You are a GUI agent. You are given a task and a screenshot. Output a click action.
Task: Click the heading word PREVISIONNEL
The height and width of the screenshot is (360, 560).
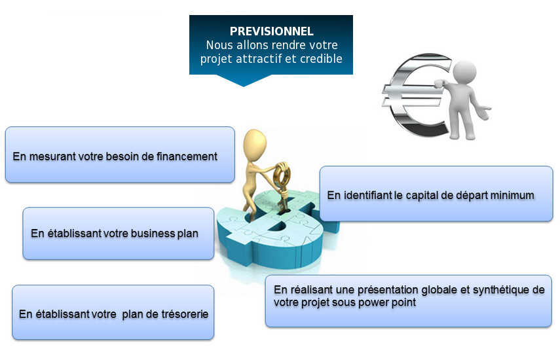[271, 31]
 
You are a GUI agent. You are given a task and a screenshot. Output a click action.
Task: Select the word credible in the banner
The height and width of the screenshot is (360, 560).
[321, 58]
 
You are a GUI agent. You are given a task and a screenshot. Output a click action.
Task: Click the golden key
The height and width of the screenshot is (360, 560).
[282, 185]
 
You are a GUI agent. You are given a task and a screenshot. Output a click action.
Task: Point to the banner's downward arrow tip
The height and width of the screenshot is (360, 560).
[244, 86]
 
